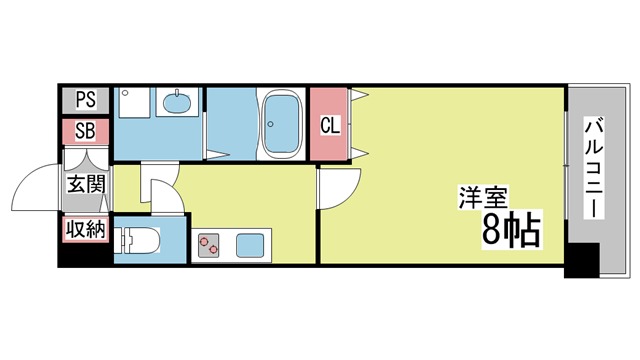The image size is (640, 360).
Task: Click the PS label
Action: click(86, 99)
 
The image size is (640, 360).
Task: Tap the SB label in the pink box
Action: click(85, 131)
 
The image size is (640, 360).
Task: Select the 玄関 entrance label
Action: click(86, 184)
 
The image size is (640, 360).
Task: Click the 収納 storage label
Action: click(86, 229)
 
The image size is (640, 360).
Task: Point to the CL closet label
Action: click(330, 126)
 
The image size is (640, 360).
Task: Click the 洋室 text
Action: click(483, 198)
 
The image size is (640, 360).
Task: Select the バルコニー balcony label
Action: click(594, 167)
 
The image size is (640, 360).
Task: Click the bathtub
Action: click(281, 124)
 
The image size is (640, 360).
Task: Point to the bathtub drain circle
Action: click(269, 124)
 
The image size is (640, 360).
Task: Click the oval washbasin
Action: click(177, 102)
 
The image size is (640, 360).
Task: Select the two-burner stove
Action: click(208, 245)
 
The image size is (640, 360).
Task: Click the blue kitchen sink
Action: click(250, 245)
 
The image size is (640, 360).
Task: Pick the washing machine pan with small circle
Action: click(134, 102)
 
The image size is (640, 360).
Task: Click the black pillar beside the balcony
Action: click(582, 260)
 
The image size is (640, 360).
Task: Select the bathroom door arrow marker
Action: click(216, 155)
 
